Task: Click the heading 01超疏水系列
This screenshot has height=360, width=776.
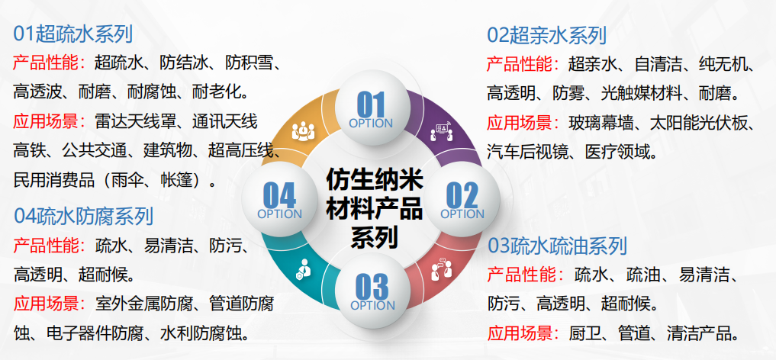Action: point(73,34)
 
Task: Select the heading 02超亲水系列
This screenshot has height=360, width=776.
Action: point(547,36)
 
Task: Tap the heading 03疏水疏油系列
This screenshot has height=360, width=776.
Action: point(558,246)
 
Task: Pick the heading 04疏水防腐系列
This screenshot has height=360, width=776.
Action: point(84,216)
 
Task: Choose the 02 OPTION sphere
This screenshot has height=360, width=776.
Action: point(462,200)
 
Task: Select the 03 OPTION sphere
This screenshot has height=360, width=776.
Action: point(372,291)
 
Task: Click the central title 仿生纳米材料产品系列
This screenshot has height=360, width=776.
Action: point(374,209)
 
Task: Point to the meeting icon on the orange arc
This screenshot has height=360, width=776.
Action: point(303,130)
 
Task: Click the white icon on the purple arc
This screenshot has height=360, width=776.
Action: point(442,131)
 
